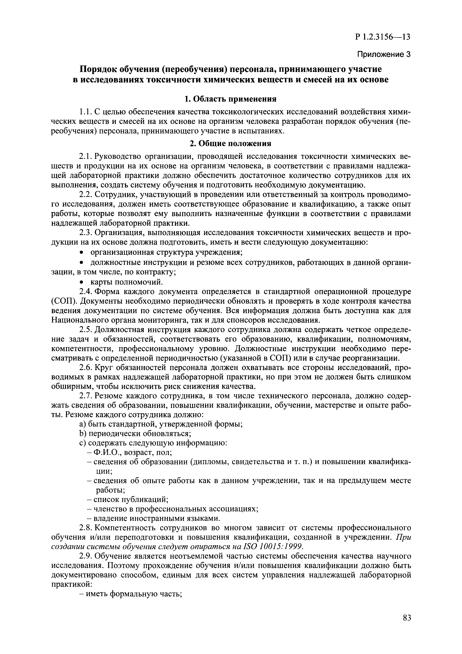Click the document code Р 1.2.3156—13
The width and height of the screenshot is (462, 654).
click(x=383, y=37)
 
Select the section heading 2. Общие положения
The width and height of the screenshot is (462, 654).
click(x=230, y=144)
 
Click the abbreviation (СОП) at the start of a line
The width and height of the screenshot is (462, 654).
click(x=63, y=301)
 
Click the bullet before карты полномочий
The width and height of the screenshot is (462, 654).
click(x=82, y=282)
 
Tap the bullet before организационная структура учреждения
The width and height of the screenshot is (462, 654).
click(x=82, y=252)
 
